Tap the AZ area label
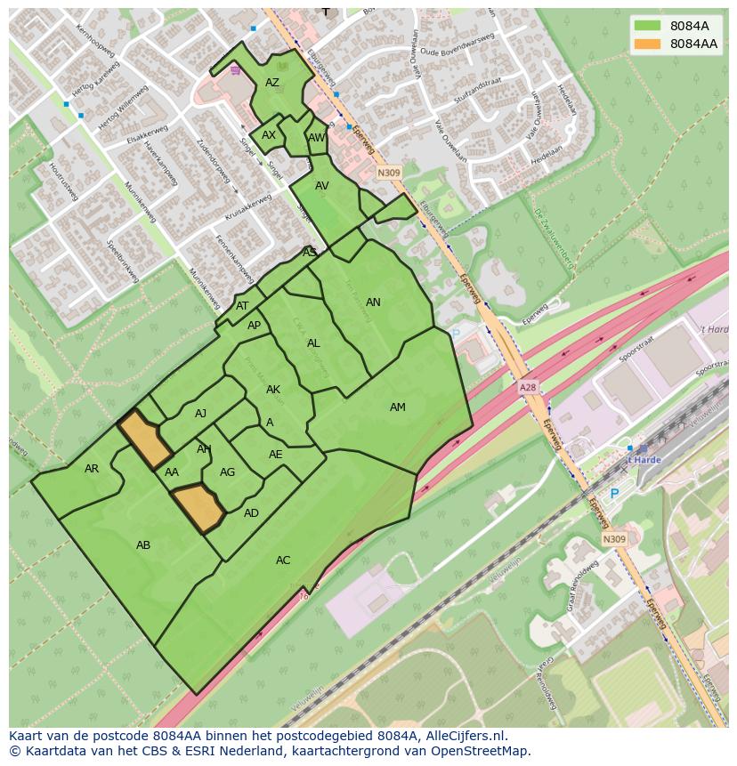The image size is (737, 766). pos(272,83)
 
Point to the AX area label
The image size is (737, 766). pos(269,135)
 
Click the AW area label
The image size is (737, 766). pos(316,138)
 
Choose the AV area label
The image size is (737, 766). pos(322,186)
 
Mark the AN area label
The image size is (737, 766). pos(373,302)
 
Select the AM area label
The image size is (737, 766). pos(397,407)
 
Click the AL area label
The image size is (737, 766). pos(313,343)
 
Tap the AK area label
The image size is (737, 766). pos(273,390)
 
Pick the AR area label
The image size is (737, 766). pos(92,469)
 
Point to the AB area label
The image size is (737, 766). pos(143,545)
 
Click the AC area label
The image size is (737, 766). pos(283,560)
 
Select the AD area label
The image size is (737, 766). pos(251,513)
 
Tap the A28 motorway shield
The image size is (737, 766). pos(529,389)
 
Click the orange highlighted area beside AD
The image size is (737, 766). pos(196,508)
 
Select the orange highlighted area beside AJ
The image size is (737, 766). pos(145,439)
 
